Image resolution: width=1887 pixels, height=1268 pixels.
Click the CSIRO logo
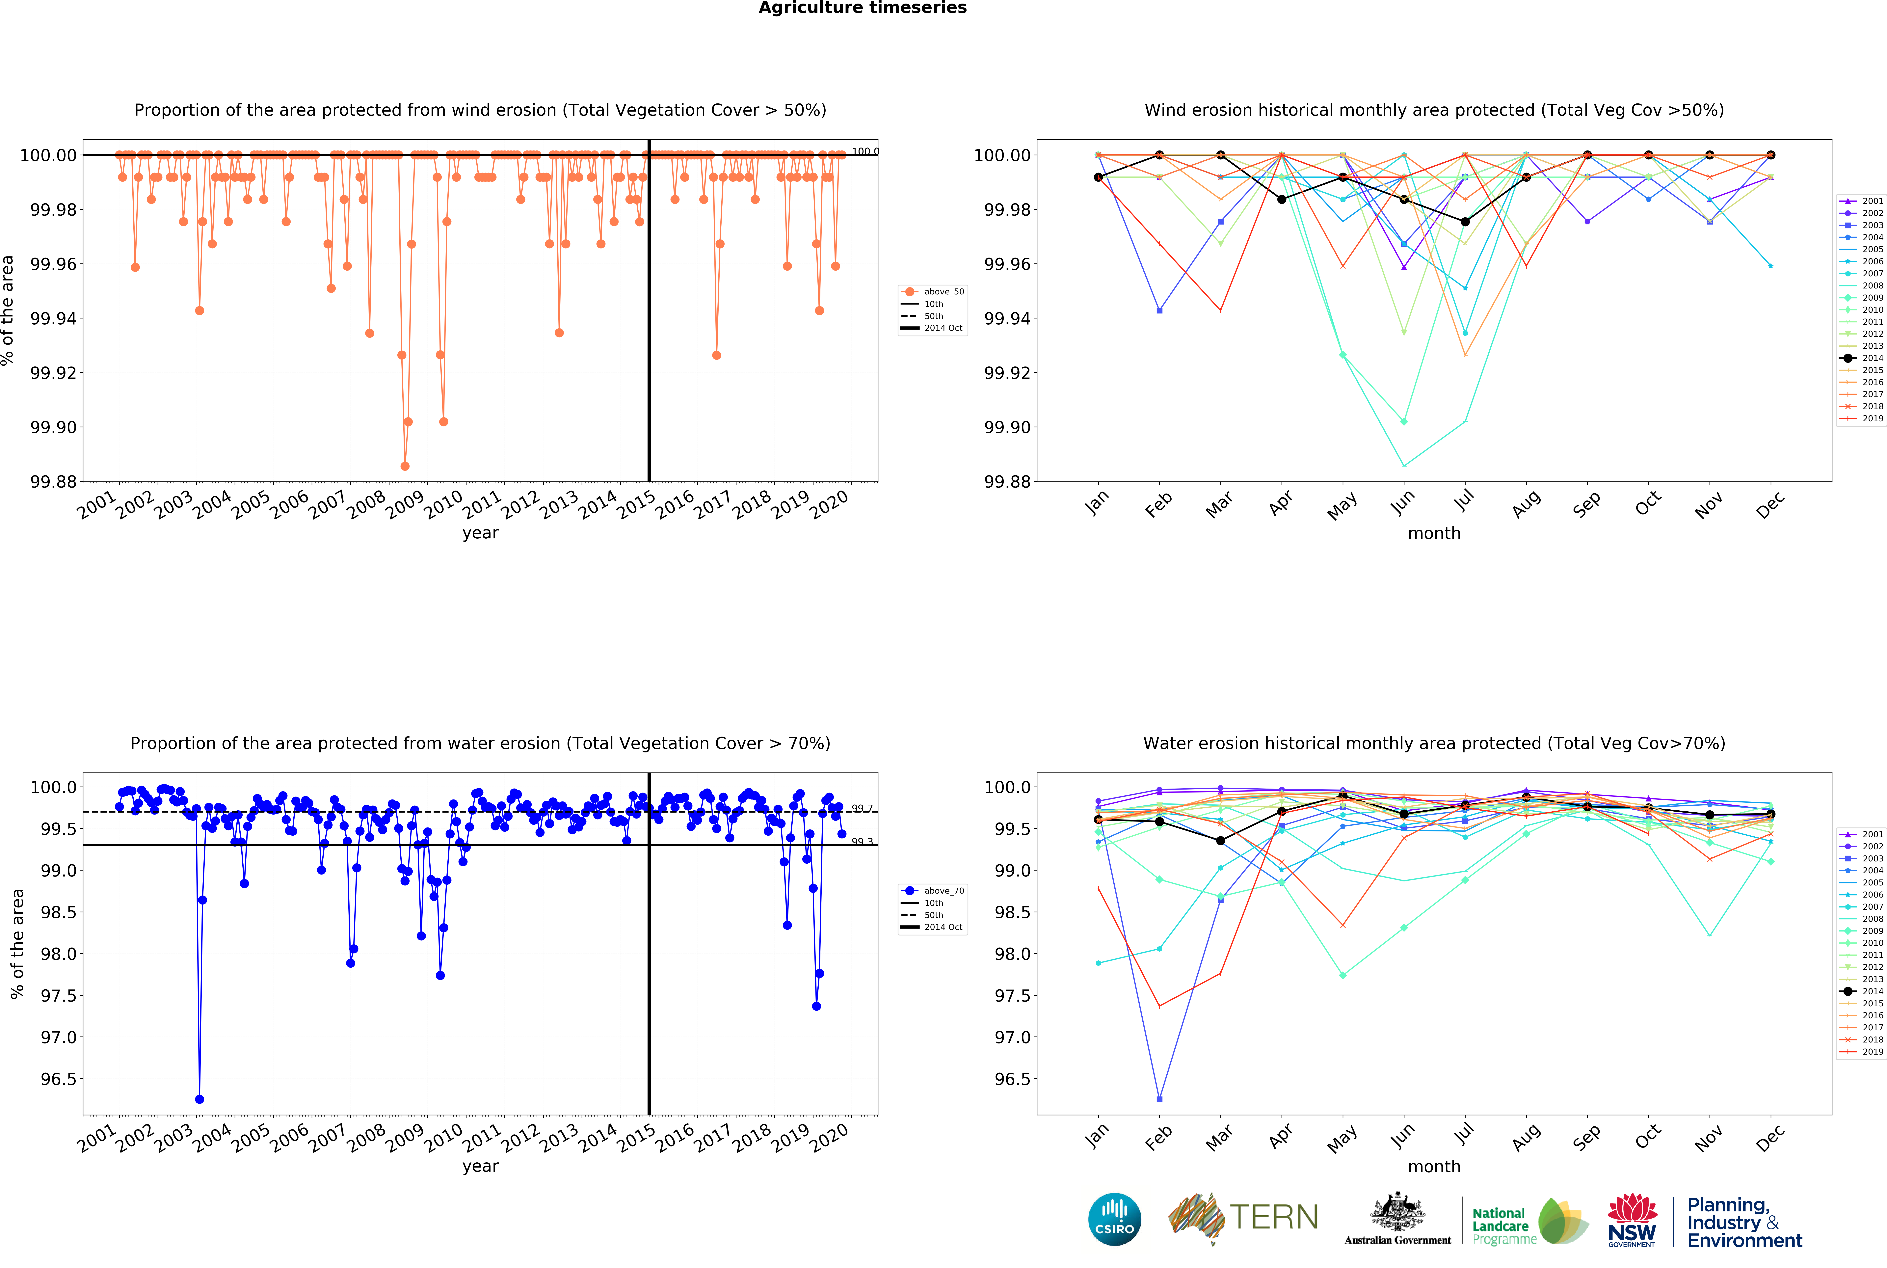[1114, 1220]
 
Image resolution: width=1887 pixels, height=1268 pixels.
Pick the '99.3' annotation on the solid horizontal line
[862, 842]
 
